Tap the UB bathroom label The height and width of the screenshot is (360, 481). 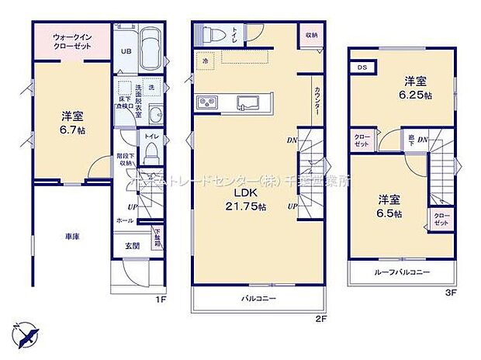point(123,52)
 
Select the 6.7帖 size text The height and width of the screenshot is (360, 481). point(74,130)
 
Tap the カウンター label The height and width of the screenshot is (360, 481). point(317,100)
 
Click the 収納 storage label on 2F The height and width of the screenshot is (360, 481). point(311,36)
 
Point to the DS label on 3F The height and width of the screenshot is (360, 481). point(362,67)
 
